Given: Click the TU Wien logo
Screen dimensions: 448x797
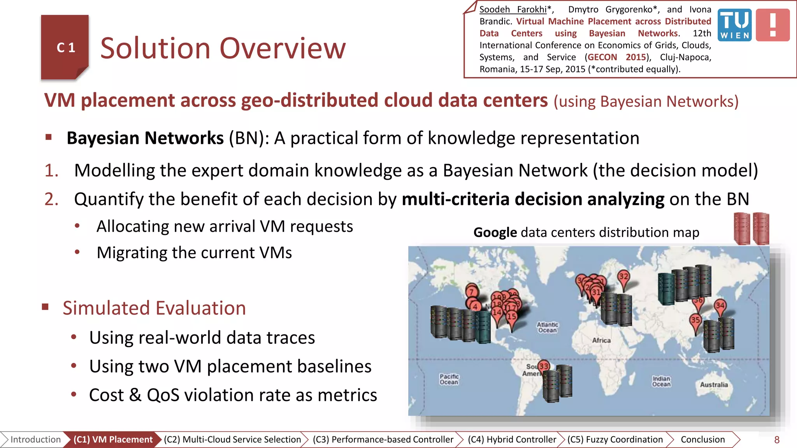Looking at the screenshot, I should pos(734,25).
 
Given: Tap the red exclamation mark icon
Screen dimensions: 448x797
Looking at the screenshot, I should pos(773,25).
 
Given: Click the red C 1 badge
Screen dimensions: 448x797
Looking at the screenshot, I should pos(65,47).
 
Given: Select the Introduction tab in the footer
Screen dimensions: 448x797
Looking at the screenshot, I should pos(35,439).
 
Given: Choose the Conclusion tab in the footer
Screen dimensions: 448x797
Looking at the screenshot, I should pos(702,439).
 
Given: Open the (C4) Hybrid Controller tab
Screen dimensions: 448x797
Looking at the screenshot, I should pos(512,439).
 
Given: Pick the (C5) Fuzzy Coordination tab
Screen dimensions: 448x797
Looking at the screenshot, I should pos(615,439).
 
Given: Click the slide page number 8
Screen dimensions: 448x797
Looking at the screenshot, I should pos(777,440).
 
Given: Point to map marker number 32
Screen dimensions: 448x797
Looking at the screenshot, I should pos(624,277).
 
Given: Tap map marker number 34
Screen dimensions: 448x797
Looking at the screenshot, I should pos(720,306).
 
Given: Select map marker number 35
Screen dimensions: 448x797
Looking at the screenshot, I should pos(695,320).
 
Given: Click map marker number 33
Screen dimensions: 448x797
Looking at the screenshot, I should pos(544,366).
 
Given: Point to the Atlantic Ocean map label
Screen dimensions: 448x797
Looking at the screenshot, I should pos(548,327).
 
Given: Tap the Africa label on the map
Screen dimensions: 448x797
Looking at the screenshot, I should pos(601,340).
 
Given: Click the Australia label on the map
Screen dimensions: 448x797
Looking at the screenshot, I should pos(714,385).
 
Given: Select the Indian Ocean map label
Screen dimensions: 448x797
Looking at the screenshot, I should pos(661,381).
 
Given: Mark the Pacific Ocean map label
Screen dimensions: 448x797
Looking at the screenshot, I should pos(449,379).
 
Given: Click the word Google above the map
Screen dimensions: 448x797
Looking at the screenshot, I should pos(495,233).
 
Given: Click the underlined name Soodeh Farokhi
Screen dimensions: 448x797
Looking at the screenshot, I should pos(513,9).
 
